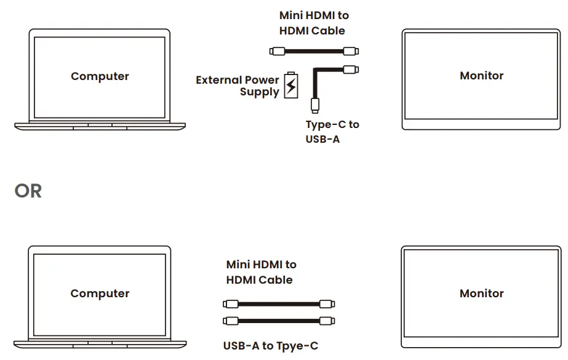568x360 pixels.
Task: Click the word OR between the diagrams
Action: [x=28, y=191]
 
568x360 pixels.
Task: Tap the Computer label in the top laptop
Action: [x=100, y=76]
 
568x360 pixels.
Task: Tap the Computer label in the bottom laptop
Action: [x=100, y=294]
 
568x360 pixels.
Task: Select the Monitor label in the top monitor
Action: [x=481, y=76]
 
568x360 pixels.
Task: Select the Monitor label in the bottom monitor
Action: [x=481, y=294]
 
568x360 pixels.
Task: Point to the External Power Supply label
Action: [x=238, y=86]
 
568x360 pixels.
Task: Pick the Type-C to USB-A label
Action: [x=332, y=132]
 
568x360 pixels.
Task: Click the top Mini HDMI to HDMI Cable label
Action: [x=314, y=23]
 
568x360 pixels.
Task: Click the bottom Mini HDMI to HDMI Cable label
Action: [x=261, y=272]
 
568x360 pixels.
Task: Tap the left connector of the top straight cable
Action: [x=275, y=52]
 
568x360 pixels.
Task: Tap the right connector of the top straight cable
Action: [x=351, y=52]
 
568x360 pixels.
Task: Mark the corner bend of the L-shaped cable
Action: [x=316, y=71]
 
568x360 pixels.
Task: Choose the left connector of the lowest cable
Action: [x=230, y=321]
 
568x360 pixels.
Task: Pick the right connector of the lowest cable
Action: [x=327, y=321]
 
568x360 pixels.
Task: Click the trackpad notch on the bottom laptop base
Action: [x=100, y=343]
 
